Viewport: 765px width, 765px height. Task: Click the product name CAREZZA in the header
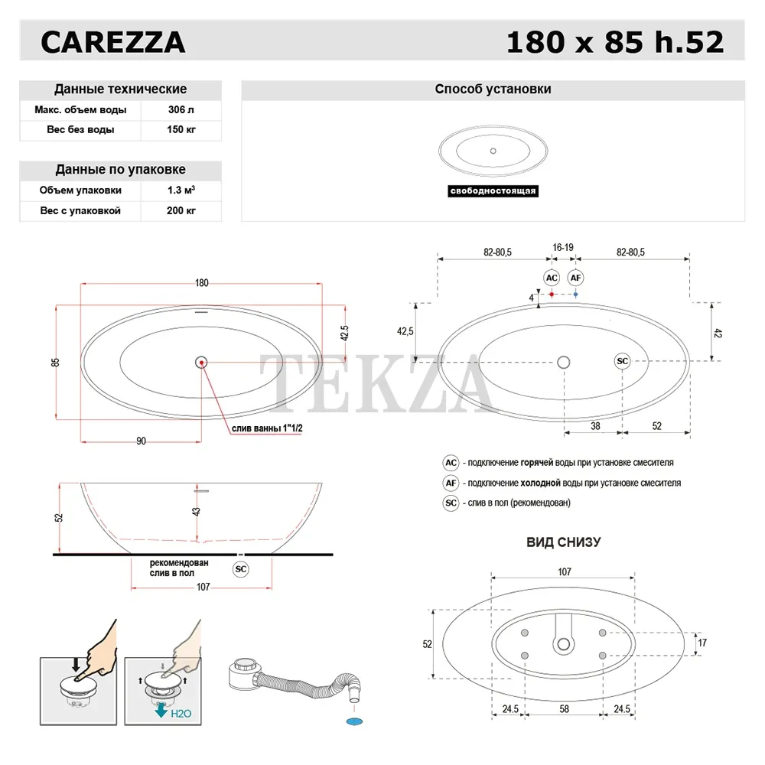(x=112, y=42)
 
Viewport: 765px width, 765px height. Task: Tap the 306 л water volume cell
(x=181, y=109)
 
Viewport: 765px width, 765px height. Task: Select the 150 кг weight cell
(x=181, y=130)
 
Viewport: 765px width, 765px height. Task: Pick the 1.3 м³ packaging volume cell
(x=181, y=190)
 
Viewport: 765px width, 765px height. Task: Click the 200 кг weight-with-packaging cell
(x=181, y=211)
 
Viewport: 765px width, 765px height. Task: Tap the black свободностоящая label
(x=493, y=190)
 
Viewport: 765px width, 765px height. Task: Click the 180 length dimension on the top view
(x=201, y=283)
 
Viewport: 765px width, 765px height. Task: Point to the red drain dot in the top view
(x=201, y=363)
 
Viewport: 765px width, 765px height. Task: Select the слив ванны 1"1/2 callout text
(x=267, y=428)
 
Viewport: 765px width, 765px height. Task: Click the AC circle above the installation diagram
(x=552, y=278)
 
